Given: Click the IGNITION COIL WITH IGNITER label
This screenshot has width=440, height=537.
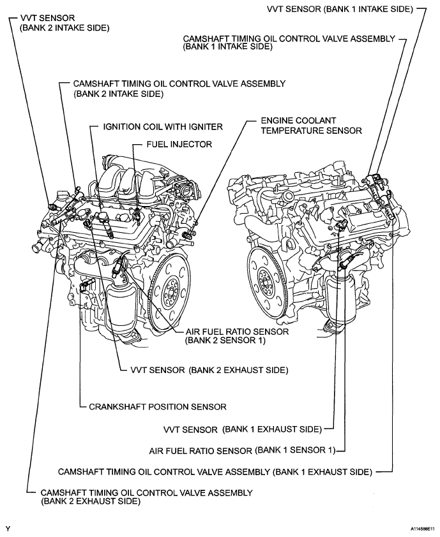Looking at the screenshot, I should tap(163, 127).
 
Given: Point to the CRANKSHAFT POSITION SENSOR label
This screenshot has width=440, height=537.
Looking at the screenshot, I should tap(158, 406).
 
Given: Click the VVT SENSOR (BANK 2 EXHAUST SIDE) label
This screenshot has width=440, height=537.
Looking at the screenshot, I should tap(209, 370).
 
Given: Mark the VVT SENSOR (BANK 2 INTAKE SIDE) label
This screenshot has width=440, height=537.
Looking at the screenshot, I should tap(64, 24).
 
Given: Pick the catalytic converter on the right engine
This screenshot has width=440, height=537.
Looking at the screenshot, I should tap(338, 300).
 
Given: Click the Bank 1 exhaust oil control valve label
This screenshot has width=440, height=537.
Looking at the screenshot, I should tap(215, 473).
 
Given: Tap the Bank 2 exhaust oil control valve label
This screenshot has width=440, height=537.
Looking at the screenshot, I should tap(146, 497).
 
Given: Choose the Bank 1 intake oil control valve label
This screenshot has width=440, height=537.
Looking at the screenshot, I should tap(289, 42).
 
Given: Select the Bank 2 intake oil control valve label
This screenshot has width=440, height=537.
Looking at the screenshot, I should tap(179, 88).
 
